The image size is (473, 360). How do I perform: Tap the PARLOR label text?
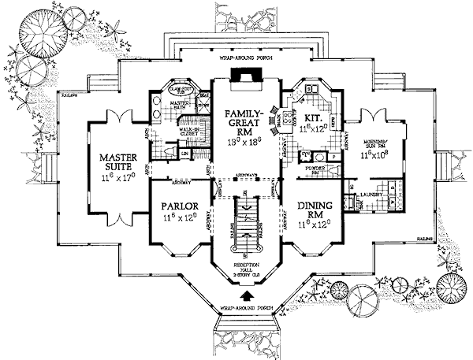click(x=177, y=206)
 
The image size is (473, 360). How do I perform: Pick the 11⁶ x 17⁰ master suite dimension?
click(x=120, y=180)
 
